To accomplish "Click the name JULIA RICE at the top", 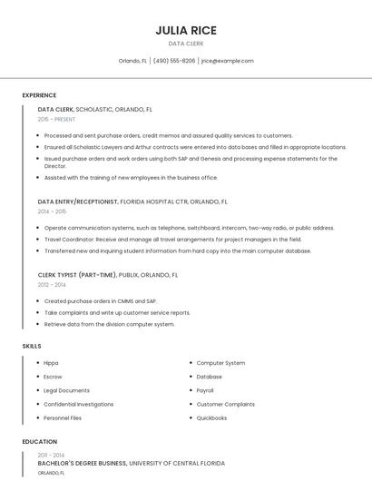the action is coord(185,30).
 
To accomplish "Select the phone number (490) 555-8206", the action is coord(174,61).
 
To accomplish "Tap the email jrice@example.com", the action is coord(228,61).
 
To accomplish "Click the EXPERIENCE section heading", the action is coord(39,95).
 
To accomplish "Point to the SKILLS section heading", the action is coord(32,346).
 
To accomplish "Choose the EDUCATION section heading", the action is coord(39,442).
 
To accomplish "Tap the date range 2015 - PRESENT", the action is coord(56,119).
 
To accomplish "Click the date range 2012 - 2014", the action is coord(51,284).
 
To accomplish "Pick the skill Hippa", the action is coord(51,363).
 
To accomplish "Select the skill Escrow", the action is coord(53,377).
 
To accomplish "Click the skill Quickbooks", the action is coord(211,417).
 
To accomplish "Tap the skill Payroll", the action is coord(205,390).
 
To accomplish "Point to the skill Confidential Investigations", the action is coord(79,404).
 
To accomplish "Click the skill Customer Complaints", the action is coord(226,404).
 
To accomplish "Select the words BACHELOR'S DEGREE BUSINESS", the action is coord(82,463).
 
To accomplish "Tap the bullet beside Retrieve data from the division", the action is coord(38,324).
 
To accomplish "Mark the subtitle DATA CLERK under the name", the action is coord(185,43).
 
